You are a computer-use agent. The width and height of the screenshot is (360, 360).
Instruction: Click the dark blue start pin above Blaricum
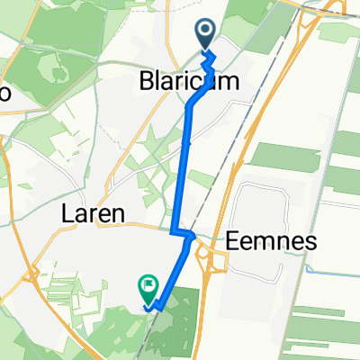click(x=205, y=35)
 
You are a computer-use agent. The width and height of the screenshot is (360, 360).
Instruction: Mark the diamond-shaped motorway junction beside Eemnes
click(x=217, y=261)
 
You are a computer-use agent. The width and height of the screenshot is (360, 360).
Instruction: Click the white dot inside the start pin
click(x=205, y=32)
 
